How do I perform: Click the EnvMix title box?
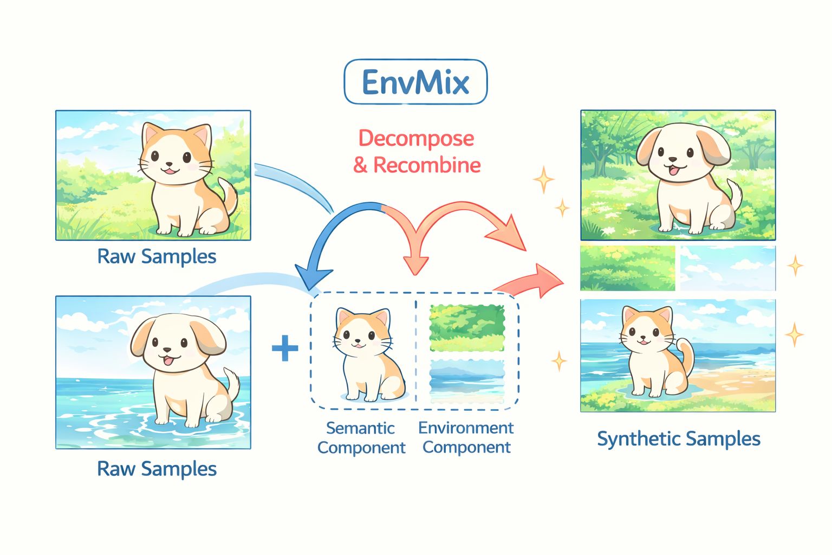coord(415,82)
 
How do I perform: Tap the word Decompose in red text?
coord(416,138)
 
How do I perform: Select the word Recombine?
coord(427,165)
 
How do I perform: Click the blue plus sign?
coord(285,348)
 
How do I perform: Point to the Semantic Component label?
coord(361,437)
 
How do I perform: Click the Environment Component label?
coord(466,437)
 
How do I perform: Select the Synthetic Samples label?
coord(678,438)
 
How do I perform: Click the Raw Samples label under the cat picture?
coord(157,256)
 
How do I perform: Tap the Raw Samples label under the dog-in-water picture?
coord(157,469)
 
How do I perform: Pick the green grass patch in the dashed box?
coord(467,327)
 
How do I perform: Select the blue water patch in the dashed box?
coord(467,380)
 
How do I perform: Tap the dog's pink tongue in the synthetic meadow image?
coord(674,171)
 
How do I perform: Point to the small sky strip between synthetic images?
coord(727,268)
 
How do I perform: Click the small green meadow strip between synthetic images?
coord(627,268)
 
